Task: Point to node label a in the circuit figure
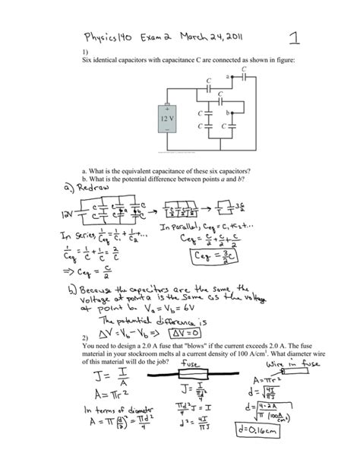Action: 227,76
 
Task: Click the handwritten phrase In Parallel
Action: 185,227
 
